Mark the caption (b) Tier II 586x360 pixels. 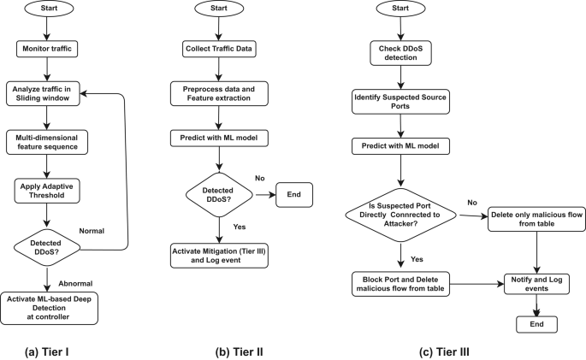tap(236, 350)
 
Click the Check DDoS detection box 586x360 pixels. tap(400, 50)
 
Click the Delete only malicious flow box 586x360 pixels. tap(536, 221)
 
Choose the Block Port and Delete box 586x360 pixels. tap(400, 285)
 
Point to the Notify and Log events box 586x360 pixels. tap(536, 285)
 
